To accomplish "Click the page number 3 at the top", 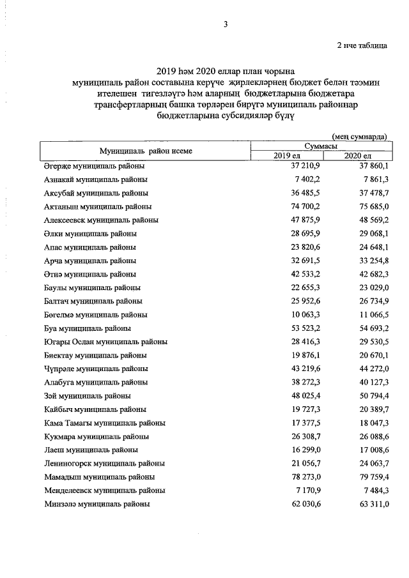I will tap(225, 24).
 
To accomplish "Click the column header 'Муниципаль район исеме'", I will tap(146, 151).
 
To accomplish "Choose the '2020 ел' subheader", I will tap(357, 156).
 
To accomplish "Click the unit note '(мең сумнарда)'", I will tap(359, 137).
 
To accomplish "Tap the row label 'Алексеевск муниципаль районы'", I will tap(102, 220).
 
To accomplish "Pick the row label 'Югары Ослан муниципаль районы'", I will tap(106, 342).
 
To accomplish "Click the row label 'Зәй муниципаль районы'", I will tap(86, 396).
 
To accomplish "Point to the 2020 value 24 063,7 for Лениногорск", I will tap(369, 463).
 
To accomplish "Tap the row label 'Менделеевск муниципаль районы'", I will tap(105, 491).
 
